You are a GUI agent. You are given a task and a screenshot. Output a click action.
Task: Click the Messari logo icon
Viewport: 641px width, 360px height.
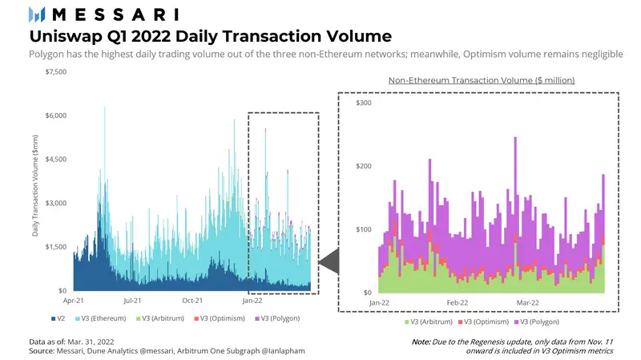click(37, 14)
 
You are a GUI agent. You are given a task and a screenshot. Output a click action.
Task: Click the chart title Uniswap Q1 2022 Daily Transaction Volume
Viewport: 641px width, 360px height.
click(210, 36)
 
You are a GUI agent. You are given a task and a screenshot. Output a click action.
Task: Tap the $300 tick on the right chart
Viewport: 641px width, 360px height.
click(364, 103)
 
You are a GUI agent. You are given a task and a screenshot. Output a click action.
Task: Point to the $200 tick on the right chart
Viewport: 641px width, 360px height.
click(364, 166)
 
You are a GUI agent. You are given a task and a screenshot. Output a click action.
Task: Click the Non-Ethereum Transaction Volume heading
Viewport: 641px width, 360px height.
click(482, 81)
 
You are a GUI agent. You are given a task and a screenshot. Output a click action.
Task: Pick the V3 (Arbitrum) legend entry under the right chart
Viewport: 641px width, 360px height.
click(429, 322)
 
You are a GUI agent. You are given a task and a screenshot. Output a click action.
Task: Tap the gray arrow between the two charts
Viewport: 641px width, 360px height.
click(329, 261)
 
